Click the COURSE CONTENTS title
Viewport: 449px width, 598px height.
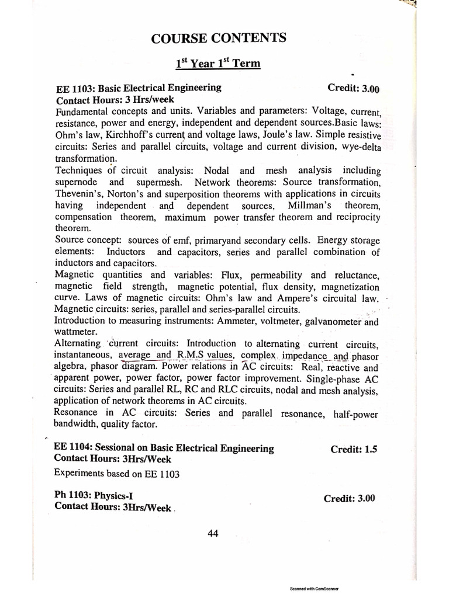(219, 39)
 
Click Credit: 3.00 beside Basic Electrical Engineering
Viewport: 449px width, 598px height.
(354, 89)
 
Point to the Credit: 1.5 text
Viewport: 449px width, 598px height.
(354, 449)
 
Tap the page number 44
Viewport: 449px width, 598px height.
(213, 533)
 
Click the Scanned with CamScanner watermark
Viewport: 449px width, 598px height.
(314, 589)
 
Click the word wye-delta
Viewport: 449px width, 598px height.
(358, 148)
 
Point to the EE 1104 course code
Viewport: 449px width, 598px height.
(73, 448)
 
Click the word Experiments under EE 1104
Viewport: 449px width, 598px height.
(79, 473)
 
